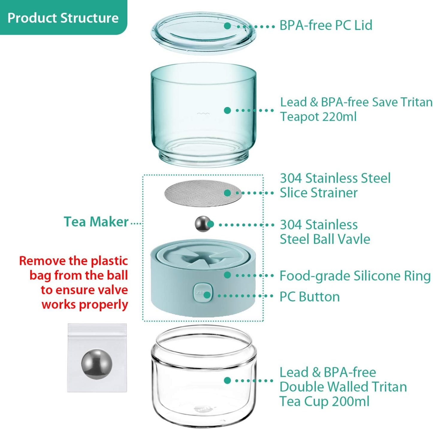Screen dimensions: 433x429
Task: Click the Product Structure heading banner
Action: [x=63, y=18]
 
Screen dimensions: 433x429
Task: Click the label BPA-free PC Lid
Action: [x=326, y=25]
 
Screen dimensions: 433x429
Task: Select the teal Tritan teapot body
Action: [x=203, y=115]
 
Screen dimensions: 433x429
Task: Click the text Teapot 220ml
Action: [x=318, y=117]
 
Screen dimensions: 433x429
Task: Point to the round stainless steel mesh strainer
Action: [x=203, y=193]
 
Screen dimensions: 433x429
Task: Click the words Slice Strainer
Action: [x=319, y=193]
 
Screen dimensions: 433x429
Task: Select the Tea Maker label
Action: [x=96, y=222]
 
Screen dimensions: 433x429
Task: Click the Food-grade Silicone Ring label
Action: [x=355, y=276]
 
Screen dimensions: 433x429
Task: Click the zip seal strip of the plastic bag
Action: [x=97, y=328]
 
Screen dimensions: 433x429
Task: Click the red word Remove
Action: [x=43, y=261]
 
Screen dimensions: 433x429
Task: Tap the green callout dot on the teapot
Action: [x=227, y=110]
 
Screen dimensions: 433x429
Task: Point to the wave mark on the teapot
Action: [x=203, y=113]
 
